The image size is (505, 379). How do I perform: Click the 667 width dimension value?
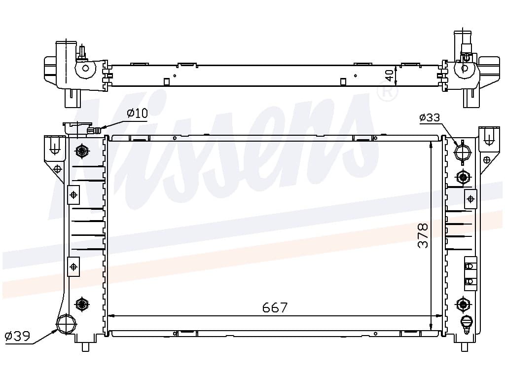point(275,307)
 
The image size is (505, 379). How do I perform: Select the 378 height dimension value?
point(423,235)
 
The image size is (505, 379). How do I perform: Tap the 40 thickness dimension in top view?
point(389,76)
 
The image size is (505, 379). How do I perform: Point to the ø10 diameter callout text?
point(137,113)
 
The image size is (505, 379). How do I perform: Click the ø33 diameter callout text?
point(430,117)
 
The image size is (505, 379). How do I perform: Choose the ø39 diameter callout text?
point(18,336)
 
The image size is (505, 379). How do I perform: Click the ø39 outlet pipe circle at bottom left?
point(67,324)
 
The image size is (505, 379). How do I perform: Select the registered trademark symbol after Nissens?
point(388,91)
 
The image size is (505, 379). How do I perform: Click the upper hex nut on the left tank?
point(82,151)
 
